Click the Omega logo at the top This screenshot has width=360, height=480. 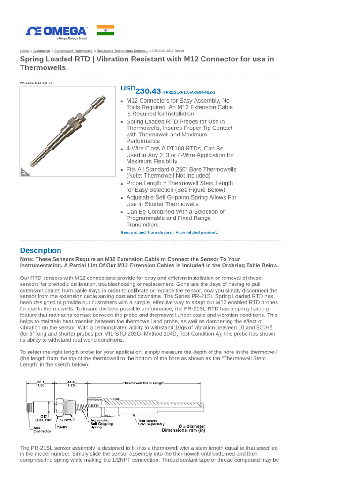57,31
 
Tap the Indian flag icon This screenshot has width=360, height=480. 105,30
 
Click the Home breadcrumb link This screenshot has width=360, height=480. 24,51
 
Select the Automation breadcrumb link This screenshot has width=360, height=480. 42,51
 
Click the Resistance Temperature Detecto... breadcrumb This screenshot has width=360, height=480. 122,51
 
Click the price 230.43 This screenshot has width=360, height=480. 148,91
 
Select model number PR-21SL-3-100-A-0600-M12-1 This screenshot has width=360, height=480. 189,93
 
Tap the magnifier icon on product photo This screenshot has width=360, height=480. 24,172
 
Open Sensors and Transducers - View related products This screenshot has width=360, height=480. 169,232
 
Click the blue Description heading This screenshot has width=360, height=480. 40,250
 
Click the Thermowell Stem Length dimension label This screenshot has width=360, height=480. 143,383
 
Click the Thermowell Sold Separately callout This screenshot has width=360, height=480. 148,423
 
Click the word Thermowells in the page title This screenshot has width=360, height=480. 43,67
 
